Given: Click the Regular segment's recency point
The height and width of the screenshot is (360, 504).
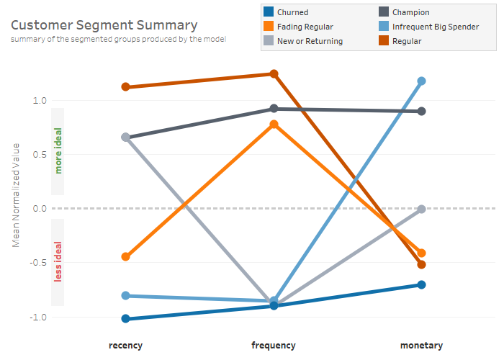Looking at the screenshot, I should [x=126, y=87].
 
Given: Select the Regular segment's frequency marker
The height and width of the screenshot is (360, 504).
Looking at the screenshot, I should [x=274, y=73].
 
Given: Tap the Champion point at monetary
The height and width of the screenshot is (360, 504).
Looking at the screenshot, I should [x=421, y=111].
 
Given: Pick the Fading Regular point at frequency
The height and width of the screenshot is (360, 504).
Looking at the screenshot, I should [x=274, y=125].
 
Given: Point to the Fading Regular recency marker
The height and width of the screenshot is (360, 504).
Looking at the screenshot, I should [x=126, y=256].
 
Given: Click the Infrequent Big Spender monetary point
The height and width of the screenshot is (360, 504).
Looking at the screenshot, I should [x=421, y=81].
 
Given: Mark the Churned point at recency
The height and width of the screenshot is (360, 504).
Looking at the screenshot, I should [x=126, y=318].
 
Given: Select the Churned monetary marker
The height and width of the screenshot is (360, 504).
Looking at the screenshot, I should [x=421, y=284].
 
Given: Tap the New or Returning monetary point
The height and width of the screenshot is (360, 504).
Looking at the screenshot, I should [x=421, y=209].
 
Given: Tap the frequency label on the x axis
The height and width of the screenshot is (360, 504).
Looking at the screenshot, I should [x=274, y=346].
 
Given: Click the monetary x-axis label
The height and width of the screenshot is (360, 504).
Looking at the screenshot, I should [x=421, y=346].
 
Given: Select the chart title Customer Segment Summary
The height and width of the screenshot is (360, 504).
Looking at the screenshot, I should [x=104, y=26].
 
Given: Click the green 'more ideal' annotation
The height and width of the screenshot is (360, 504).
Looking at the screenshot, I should [x=58, y=151].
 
